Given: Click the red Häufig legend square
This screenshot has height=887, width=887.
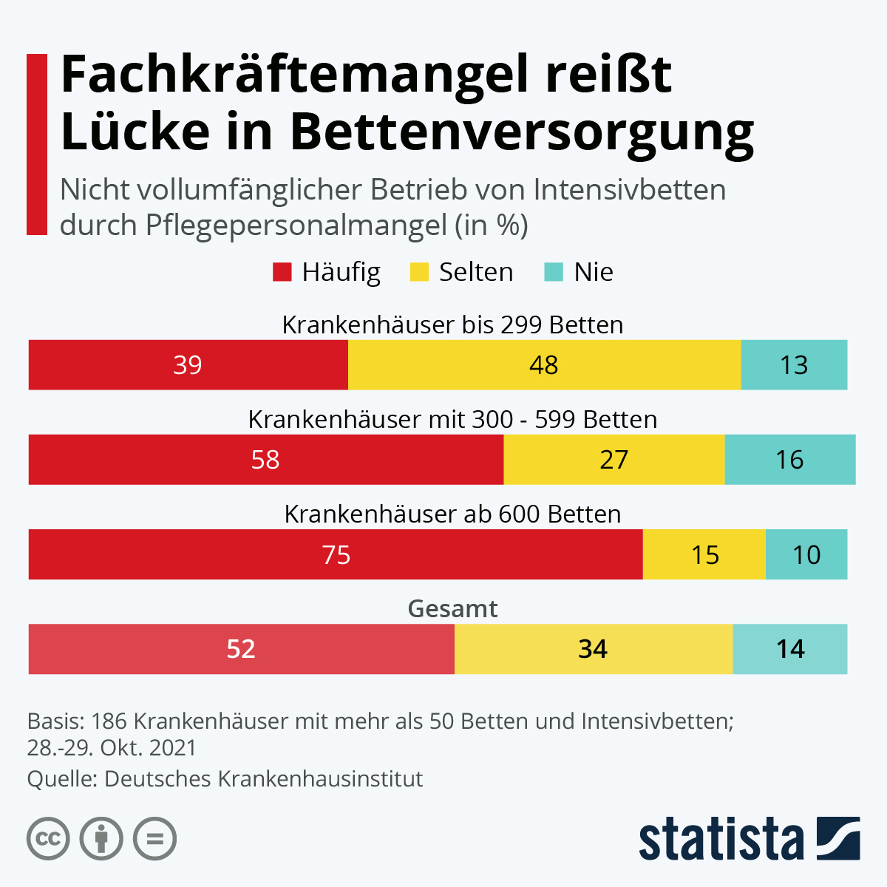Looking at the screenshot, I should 282,272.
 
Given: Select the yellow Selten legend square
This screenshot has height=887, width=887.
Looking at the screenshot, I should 419,272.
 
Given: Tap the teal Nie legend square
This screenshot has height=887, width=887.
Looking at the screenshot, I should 554,272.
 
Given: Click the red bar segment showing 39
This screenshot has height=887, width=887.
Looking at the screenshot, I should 188,365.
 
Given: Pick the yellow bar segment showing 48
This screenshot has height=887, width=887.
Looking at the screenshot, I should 544,365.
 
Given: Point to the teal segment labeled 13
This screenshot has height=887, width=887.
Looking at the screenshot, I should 794,365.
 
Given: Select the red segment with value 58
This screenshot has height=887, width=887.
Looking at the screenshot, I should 265,460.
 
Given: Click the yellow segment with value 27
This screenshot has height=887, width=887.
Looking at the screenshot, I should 614,460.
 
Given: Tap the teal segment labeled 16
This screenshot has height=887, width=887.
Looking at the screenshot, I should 789,460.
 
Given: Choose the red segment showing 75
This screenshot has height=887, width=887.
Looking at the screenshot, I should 336,554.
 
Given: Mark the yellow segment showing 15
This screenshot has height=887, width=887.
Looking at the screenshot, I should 704,554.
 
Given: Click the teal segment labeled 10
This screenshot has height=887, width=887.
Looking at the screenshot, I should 806,554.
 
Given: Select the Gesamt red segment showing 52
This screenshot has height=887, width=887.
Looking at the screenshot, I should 241,649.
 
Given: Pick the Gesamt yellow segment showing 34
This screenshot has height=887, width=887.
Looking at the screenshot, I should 593,649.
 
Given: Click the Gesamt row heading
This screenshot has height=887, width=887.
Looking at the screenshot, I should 452,608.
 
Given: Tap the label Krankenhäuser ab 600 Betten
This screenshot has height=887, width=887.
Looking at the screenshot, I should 452,514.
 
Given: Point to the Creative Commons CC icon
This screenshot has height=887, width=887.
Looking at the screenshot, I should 48,839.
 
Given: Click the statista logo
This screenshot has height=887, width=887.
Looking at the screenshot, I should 749,839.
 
